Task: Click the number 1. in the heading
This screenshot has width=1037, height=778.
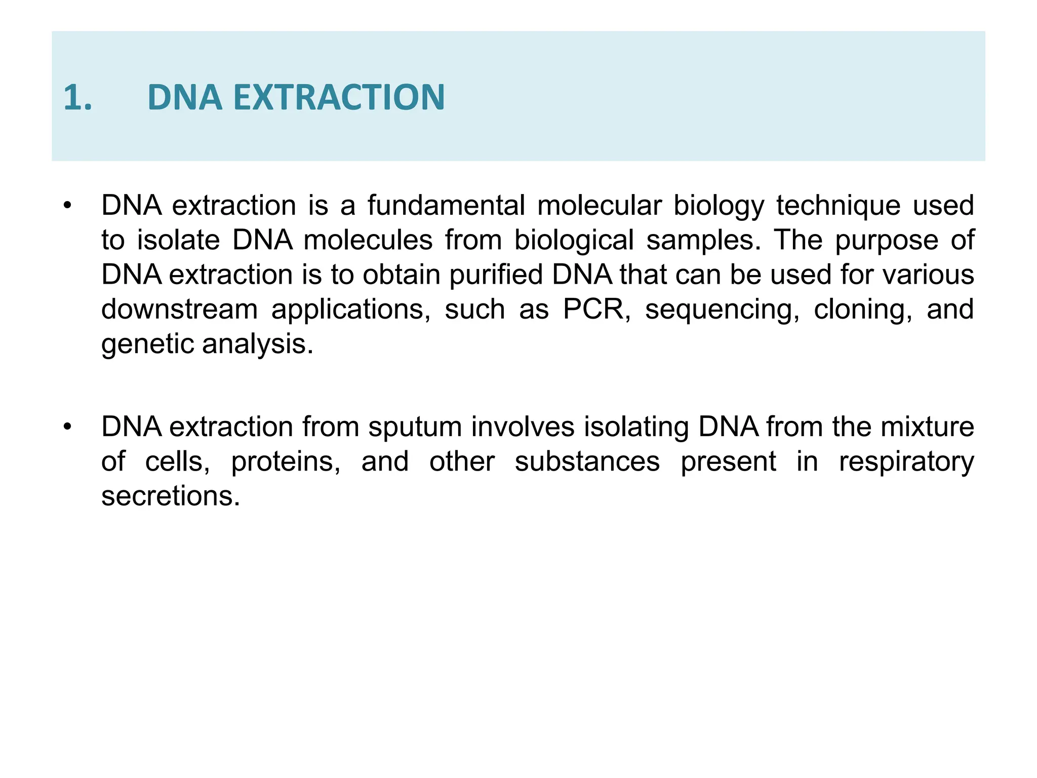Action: point(77,97)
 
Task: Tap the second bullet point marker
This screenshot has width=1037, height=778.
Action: point(68,427)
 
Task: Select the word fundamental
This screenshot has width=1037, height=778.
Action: point(446,206)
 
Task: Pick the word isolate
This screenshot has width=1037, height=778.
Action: point(178,240)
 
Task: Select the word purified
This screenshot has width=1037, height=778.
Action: point(496,275)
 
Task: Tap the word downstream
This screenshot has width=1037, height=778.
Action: point(179,309)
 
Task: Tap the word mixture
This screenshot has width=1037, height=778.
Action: point(927,427)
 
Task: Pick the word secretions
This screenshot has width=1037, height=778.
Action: point(170,496)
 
